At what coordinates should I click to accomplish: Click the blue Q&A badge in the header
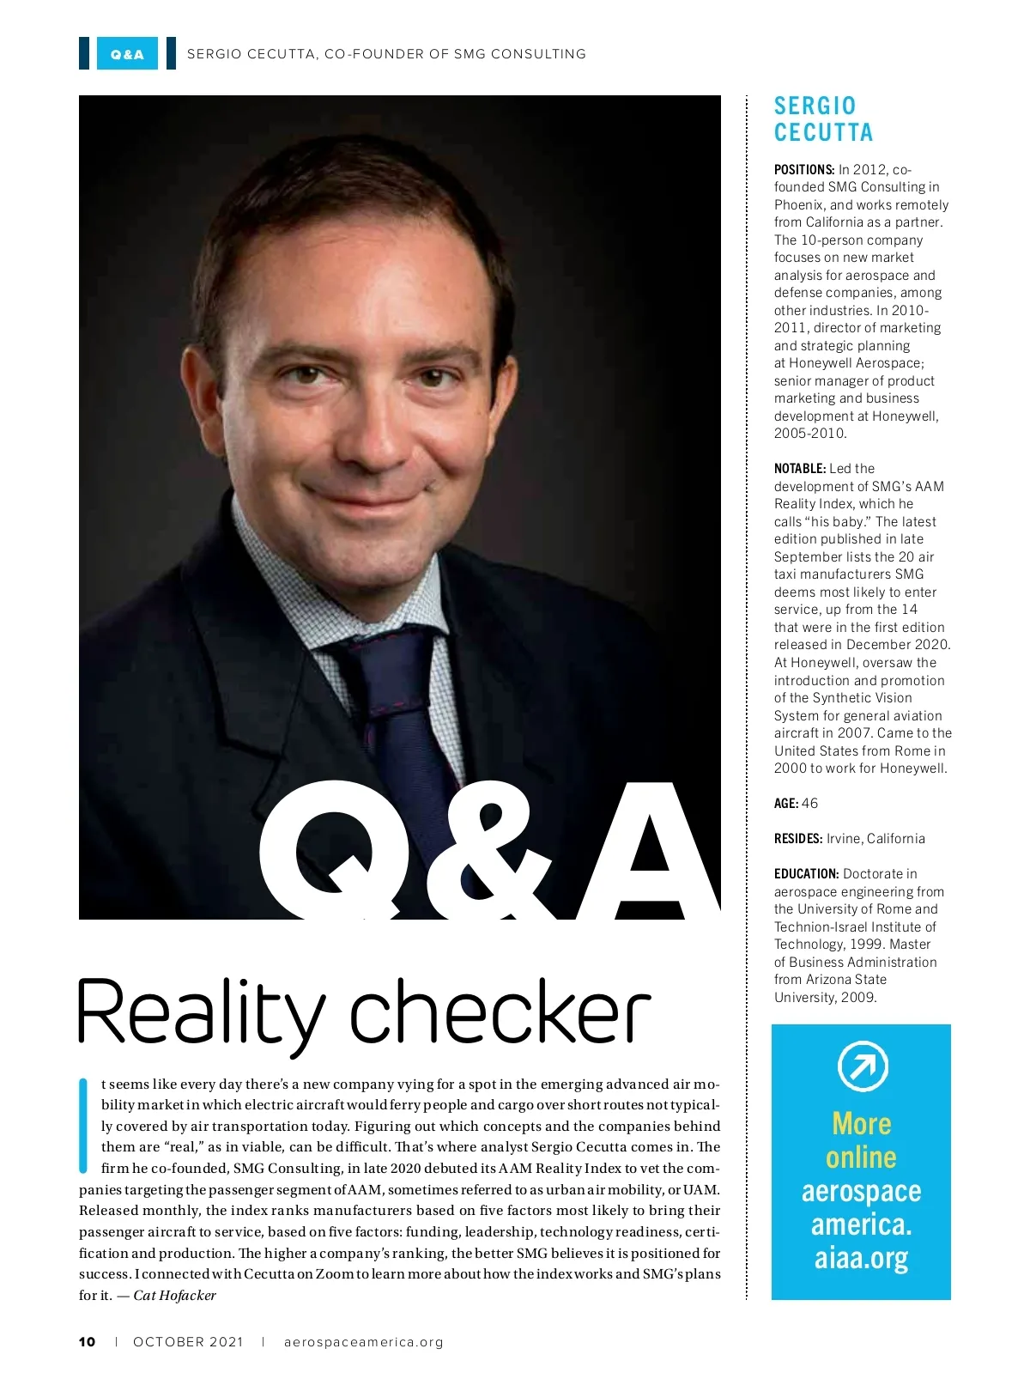(127, 53)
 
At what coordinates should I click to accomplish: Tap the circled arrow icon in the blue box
(862, 1066)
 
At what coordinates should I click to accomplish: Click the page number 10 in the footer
(88, 1342)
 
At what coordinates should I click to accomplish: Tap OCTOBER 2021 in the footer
(188, 1342)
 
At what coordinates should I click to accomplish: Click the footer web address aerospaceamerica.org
(363, 1342)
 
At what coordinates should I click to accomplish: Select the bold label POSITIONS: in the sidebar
(804, 170)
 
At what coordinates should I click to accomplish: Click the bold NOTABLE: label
(800, 469)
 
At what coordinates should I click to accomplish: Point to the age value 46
(809, 804)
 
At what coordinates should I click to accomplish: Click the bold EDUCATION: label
(806, 874)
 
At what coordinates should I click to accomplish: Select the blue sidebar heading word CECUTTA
(824, 133)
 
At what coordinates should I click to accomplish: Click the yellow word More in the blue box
(862, 1124)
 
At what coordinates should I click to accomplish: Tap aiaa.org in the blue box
(862, 1259)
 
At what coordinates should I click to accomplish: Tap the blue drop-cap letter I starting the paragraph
(83, 1125)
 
